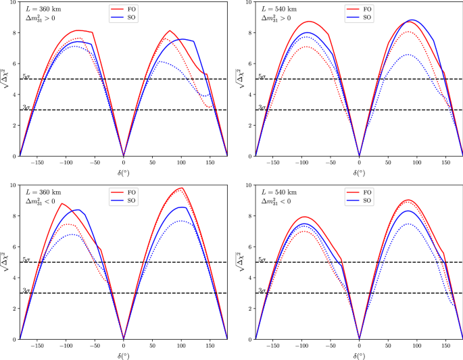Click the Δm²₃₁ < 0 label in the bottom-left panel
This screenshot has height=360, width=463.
click(42, 203)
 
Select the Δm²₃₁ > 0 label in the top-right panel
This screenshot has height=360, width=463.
click(278, 19)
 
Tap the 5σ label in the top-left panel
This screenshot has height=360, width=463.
click(26, 76)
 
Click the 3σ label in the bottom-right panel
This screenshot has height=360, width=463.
click(262, 290)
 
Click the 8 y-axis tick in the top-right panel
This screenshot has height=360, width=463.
click(250, 32)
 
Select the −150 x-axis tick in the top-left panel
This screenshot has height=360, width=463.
click(36, 163)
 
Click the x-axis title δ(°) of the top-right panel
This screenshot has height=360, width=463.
click(359, 173)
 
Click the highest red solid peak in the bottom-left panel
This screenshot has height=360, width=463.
click(181, 188)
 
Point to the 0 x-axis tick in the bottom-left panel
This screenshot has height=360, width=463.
click(123, 346)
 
